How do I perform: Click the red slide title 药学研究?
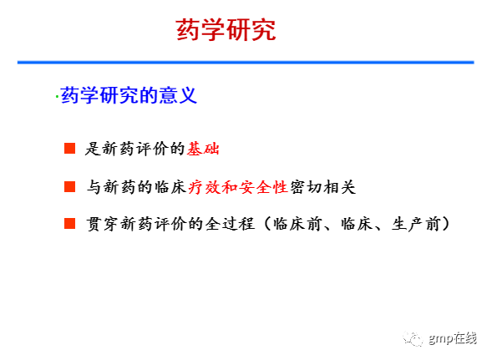coord(226,30)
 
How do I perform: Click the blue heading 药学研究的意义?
coord(129,95)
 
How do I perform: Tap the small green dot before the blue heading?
coord(57,97)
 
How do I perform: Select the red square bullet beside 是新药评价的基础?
coord(69,149)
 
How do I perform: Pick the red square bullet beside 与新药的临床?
coord(69,186)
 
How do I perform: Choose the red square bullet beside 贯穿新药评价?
coord(69,224)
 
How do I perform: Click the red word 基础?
coord(203,149)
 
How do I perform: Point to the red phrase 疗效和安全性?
coord(238,187)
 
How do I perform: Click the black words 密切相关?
coord(323,187)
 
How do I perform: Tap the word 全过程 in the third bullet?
coord(230,224)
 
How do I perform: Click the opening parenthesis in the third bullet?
coord(267,224)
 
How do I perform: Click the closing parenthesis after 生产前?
coord(445,224)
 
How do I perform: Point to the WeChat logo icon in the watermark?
coord(413,338)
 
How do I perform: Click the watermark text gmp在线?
coord(453,338)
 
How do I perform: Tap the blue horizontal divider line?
coord(246,63)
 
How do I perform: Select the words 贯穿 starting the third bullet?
coord(102,224)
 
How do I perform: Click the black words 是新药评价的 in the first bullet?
coord(135,149)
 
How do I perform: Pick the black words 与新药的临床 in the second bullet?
coord(137,187)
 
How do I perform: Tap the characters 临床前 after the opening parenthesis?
coord(297,224)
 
